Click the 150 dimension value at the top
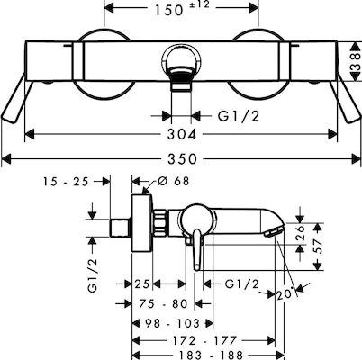click(x=168, y=11)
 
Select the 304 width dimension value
click(x=182, y=134)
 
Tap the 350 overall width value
click(x=182, y=159)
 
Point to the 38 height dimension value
click(x=356, y=61)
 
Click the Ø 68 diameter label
click(x=173, y=181)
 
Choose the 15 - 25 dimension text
click(x=66, y=182)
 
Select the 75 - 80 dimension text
click(x=163, y=303)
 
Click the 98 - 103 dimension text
click(x=172, y=323)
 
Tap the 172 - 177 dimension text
click(x=204, y=340)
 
